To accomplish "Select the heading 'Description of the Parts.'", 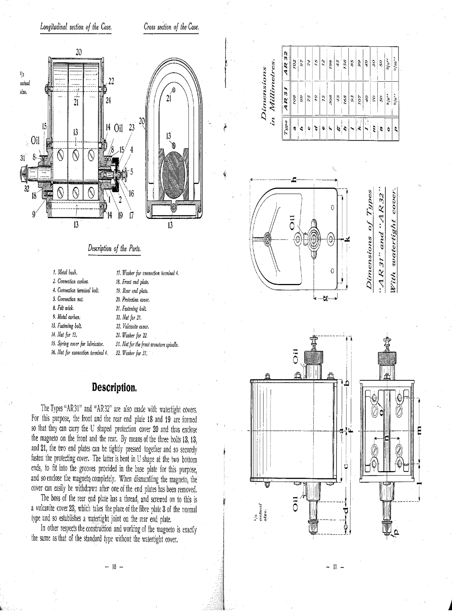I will point(115,249).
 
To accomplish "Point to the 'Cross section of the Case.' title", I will point(171,27).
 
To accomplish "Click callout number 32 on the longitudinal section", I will point(27,188).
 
